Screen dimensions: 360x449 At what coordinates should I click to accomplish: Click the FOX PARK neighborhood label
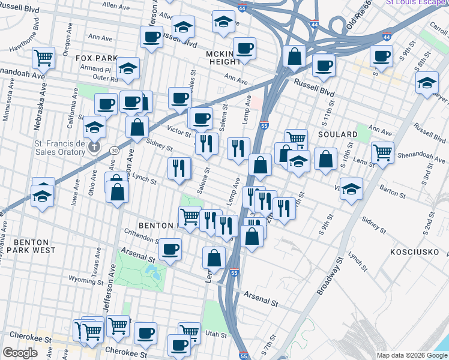click(x=97, y=58)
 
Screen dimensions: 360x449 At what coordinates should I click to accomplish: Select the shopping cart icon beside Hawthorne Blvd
click(x=43, y=58)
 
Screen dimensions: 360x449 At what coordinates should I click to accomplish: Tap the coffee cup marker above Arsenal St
click(x=170, y=249)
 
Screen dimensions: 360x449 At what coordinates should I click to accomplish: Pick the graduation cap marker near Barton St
click(x=351, y=187)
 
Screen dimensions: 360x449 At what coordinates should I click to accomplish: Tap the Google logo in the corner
click(x=20, y=353)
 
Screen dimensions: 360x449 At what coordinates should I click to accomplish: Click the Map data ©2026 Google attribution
click(x=412, y=355)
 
